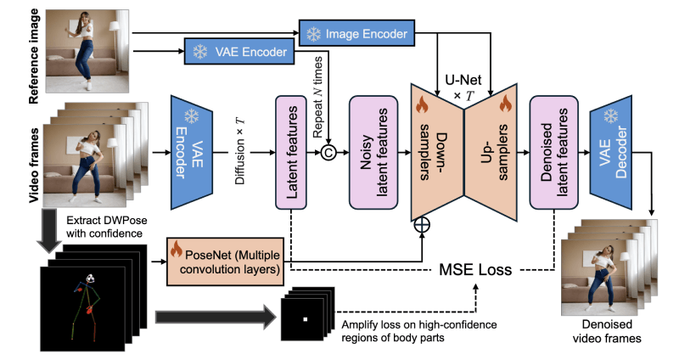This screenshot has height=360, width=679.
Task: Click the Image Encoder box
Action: point(355,34)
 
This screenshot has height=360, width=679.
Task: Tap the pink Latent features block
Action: point(290,153)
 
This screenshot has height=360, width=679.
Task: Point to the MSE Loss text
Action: point(475,270)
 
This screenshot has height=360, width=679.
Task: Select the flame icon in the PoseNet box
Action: point(178,250)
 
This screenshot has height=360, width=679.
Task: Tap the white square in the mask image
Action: point(305,318)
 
